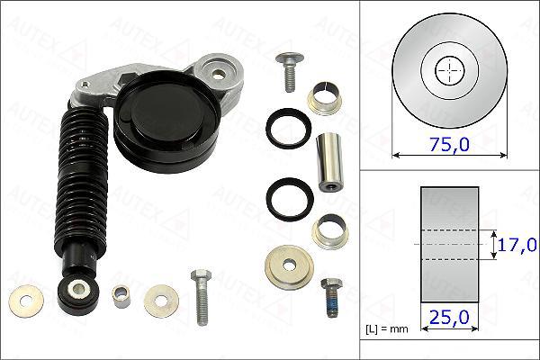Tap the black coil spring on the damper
(x=85, y=180)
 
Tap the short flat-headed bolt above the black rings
(x=288, y=73)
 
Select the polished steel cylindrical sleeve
(x=330, y=159)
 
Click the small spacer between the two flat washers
(x=120, y=294)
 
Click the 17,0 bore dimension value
(x=517, y=244)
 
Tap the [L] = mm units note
(x=386, y=329)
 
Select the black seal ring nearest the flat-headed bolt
(x=289, y=127)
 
